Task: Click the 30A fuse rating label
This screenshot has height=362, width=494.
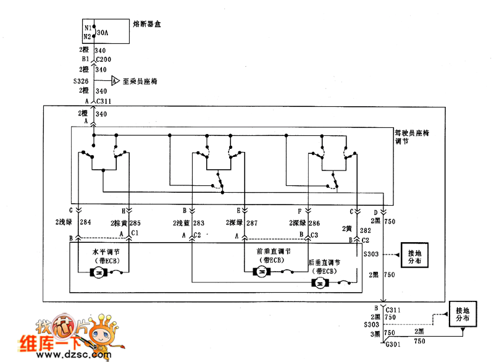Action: point(103,32)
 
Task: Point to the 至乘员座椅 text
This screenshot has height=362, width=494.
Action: point(141,80)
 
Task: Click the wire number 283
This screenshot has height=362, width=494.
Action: point(199,222)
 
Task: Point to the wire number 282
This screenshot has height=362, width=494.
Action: point(365,229)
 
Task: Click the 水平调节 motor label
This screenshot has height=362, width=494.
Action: point(104,252)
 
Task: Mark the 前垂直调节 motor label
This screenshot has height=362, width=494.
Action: point(274,252)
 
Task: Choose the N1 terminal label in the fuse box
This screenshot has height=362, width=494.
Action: point(87,28)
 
